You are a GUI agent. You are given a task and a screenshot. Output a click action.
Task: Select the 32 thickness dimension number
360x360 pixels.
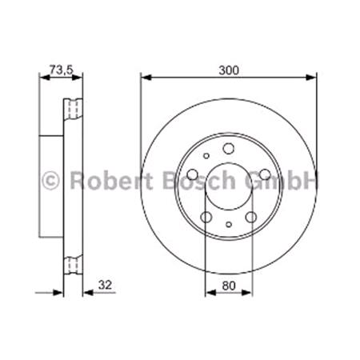pos(103,282)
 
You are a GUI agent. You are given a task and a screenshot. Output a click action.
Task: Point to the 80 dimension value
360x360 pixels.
pos(228,282)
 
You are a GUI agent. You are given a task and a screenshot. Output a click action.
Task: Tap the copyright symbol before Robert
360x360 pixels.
pos(50,181)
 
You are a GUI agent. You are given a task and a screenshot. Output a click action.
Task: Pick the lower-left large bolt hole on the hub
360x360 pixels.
pos(206,217)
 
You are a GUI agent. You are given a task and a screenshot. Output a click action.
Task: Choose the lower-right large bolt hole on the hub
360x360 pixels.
pos(250,217)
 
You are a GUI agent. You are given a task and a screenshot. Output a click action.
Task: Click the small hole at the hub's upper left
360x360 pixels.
pos(206,157)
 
